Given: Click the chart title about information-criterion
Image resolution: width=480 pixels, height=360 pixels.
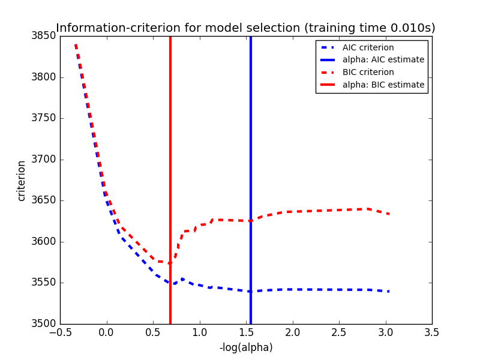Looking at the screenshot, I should pos(245,28).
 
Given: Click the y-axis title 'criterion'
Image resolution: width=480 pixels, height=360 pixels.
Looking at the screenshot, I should pos(22,180).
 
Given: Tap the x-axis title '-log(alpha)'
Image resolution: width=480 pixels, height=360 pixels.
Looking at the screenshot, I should pos(246,347).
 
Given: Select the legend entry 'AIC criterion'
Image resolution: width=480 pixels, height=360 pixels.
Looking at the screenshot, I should pos(368,47).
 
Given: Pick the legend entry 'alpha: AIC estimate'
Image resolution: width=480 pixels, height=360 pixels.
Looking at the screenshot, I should pos(383,60).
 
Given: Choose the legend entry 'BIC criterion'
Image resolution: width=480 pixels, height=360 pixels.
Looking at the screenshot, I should pos(368,72).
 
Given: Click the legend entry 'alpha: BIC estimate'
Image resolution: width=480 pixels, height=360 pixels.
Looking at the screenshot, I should pos(383,85).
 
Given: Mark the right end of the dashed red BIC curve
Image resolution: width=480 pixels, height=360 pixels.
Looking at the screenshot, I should pos(389,214).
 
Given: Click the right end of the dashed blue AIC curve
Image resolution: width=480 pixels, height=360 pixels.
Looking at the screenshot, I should pos(389,292).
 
